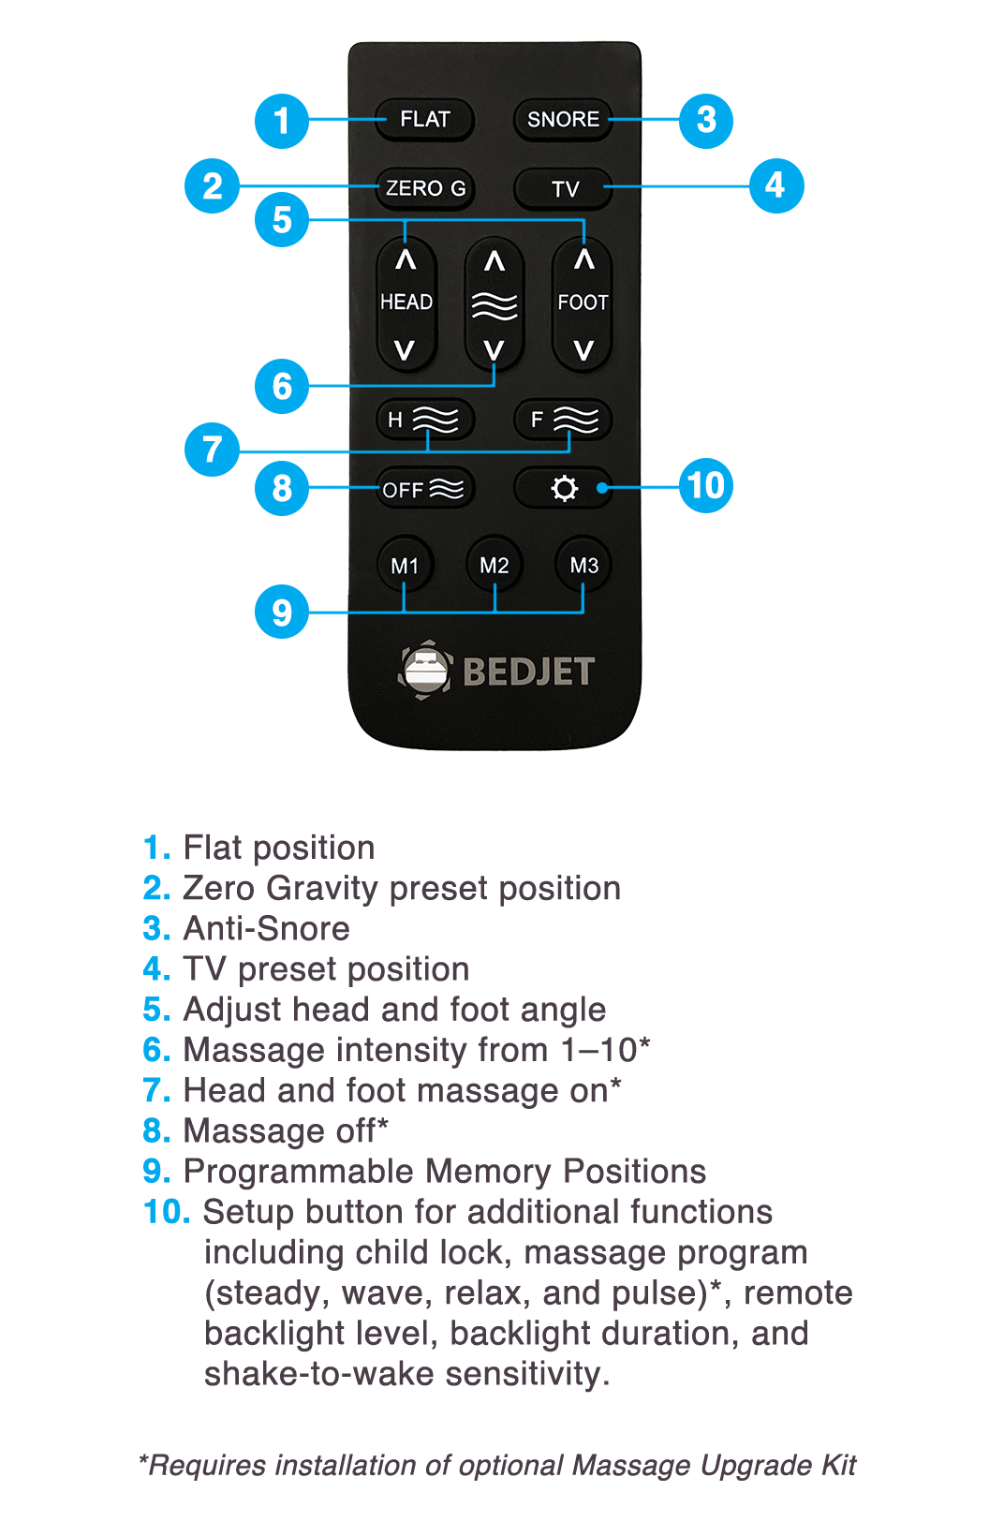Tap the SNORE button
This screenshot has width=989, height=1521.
tap(563, 120)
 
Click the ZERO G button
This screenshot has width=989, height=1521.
tap(425, 188)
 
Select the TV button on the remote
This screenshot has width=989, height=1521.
tap(564, 188)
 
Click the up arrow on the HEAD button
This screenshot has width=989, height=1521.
tap(406, 260)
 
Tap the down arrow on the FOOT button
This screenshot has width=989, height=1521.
tap(583, 350)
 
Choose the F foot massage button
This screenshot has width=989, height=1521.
tap(563, 420)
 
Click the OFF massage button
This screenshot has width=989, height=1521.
tap(425, 488)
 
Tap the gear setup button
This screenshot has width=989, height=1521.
tap(564, 488)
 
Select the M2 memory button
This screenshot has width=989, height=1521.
tap(494, 565)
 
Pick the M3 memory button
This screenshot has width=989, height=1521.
tap(583, 565)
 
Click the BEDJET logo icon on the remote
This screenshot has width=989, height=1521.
tap(424, 671)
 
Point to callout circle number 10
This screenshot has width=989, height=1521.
tap(706, 485)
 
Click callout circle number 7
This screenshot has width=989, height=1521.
tap(212, 450)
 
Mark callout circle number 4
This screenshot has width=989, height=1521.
tap(776, 186)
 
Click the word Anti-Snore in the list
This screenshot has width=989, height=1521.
tap(267, 928)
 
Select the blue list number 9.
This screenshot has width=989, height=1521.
tap(156, 1172)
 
